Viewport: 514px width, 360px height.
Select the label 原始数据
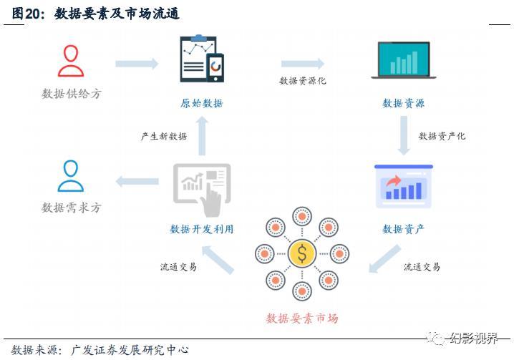(202, 104)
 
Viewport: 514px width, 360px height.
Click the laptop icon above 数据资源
(404, 60)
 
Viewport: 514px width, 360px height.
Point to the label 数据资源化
(303, 81)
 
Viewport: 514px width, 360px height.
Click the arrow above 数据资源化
(302, 64)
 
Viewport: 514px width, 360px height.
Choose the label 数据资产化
(442, 135)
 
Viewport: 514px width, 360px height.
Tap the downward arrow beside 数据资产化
(404, 136)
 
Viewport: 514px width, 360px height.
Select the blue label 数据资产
(404, 229)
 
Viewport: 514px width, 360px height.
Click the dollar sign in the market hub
(302, 252)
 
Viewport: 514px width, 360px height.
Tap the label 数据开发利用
(202, 229)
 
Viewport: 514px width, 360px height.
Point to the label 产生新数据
(163, 136)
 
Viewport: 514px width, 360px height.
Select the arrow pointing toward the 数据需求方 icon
(136, 181)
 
